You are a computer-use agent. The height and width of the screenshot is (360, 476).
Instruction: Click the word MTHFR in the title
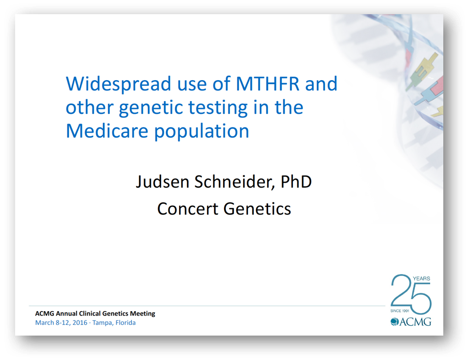point(268,84)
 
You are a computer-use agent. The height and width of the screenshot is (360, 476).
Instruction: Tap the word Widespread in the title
point(119,84)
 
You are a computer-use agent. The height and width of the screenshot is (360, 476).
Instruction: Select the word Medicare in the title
point(107,131)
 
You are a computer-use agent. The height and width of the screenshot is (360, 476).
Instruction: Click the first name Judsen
point(163,182)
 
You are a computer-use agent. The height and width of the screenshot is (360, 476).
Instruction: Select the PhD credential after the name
point(296,182)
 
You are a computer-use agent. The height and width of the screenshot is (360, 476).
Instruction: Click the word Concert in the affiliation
point(187,209)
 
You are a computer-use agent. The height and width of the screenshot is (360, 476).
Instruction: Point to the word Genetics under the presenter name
point(257,209)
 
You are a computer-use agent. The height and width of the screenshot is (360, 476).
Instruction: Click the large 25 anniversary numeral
point(411,294)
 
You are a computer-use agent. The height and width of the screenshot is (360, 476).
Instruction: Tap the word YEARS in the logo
point(421,278)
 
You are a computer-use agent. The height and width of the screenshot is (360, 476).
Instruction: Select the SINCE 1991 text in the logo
point(400,311)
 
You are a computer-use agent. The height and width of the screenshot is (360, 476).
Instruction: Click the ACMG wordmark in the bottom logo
point(415,322)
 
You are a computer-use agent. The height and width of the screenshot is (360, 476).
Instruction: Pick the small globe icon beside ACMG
point(394,322)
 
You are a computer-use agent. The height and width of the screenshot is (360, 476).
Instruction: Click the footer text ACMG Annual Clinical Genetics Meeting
point(95,314)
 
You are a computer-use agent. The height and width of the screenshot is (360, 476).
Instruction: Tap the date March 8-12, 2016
point(62,323)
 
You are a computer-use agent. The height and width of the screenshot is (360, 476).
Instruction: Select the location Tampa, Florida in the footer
point(114,323)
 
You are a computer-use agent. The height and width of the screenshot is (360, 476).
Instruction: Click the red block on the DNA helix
point(438,85)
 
